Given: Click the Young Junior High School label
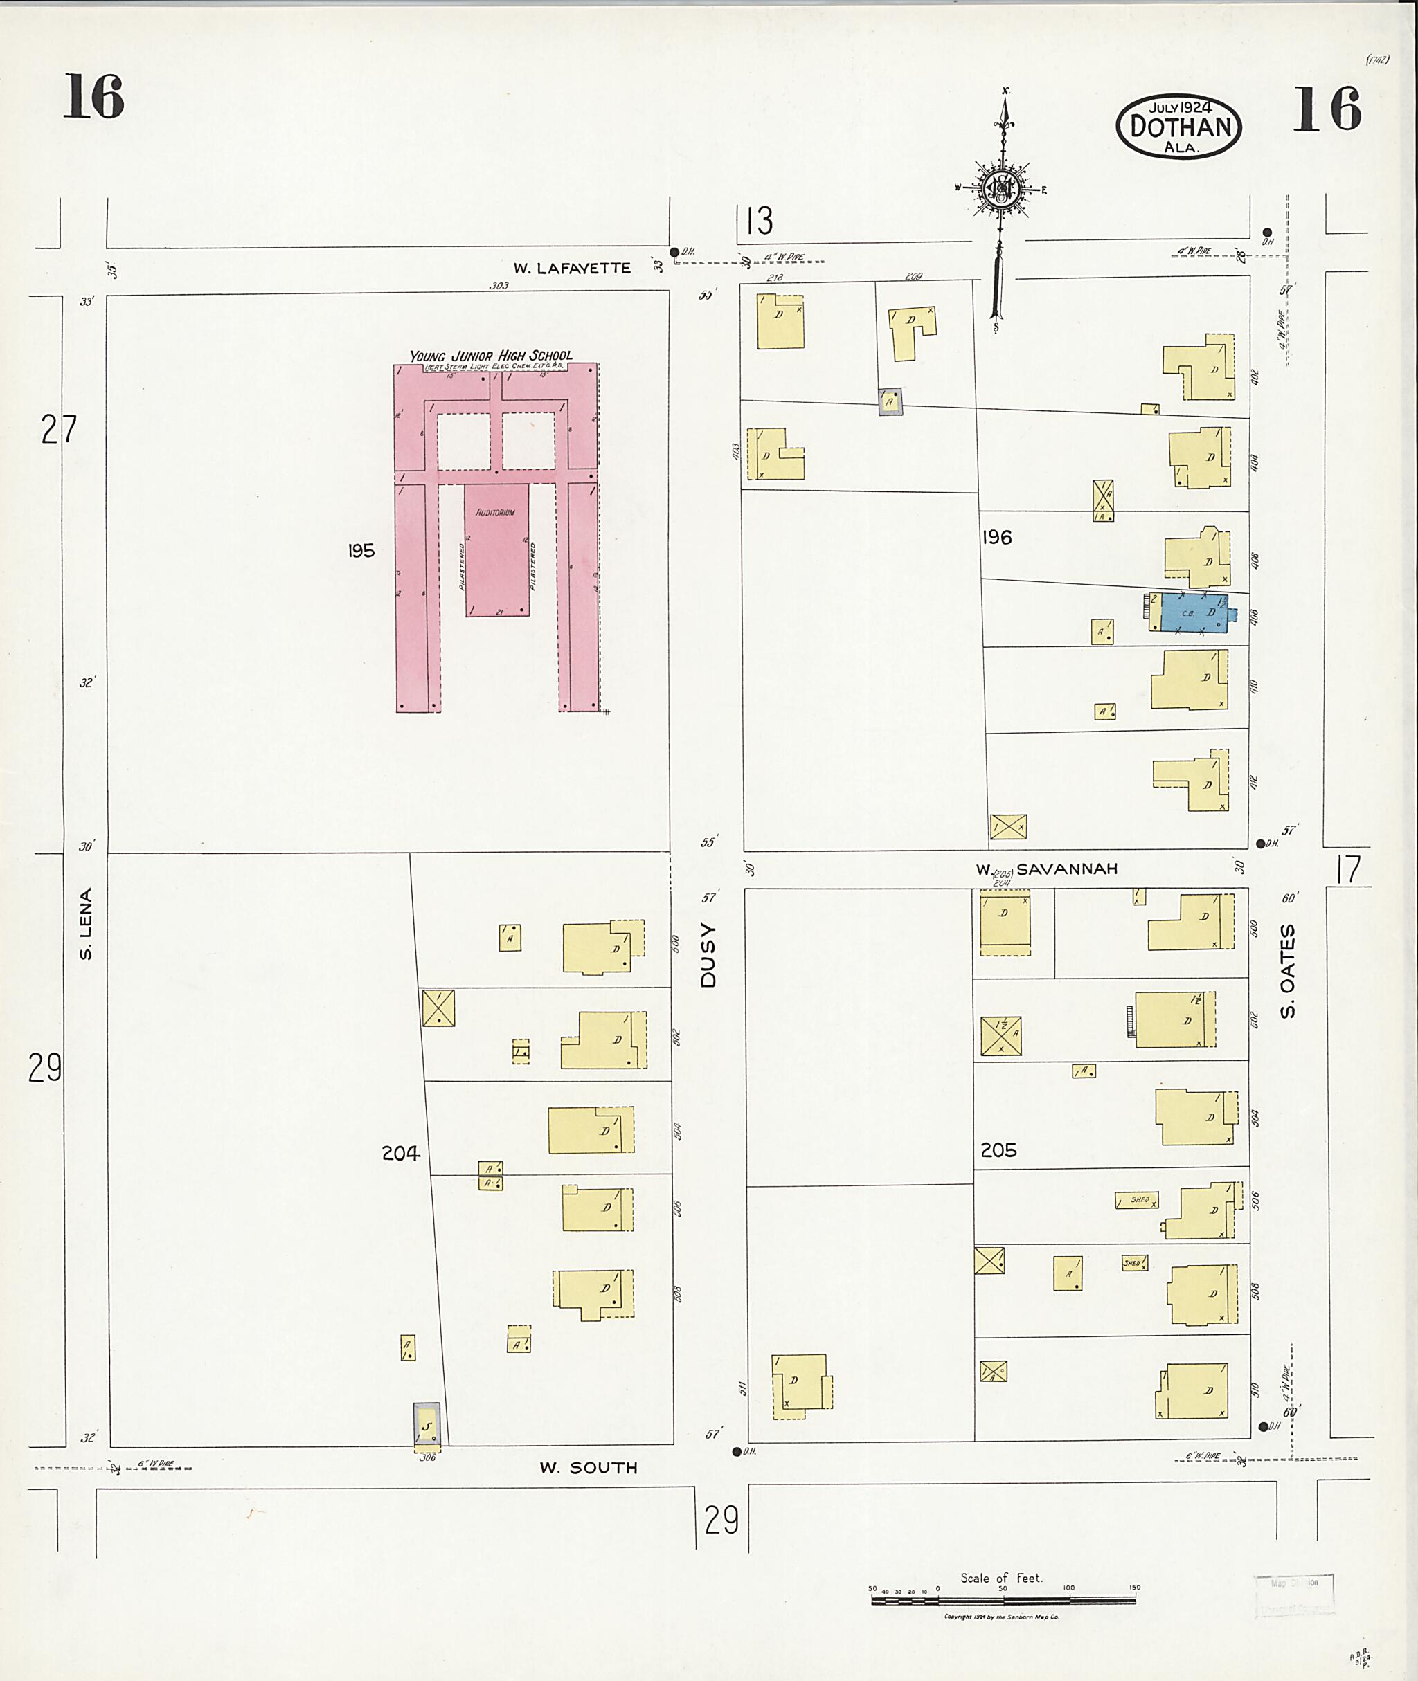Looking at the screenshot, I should tap(491, 356).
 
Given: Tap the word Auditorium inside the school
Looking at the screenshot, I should tap(495, 513).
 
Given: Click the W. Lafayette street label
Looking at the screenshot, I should tap(573, 269).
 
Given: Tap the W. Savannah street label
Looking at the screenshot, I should tap(1047, 869).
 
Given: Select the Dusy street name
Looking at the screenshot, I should tap(708, 954).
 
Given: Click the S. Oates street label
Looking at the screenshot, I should tap(1288, 971).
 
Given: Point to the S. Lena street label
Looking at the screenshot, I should tap(86, 923).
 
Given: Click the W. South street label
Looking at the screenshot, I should tap(589, 1468).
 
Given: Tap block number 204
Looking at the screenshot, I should tap(401, 1154).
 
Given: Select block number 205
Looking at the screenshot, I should tap(998, 1151).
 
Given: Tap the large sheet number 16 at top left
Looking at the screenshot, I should tap(94, 96).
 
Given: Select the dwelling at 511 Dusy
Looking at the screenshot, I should tap(800, 1382).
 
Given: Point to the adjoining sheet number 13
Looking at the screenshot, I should tap(759, 221).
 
